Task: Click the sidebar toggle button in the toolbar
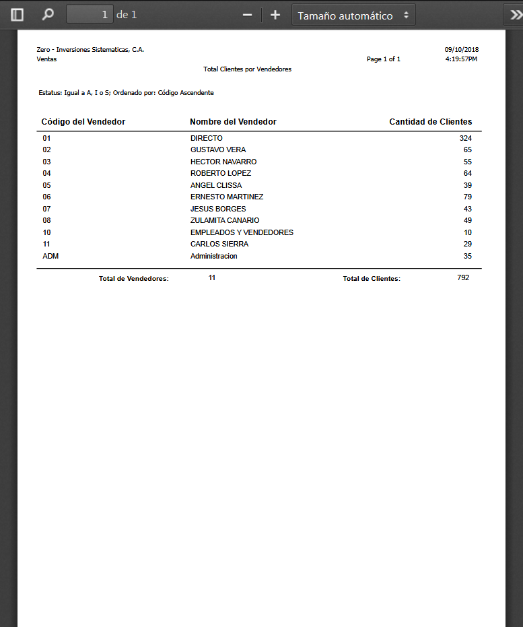pyautogui.click(x=18, y=15)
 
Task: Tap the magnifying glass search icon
pyautogui.click(x=48, y=15)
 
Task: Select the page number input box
pyautogui.click(x=90, y=15)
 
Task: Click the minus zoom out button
pyautogui.click(x=247, y=15)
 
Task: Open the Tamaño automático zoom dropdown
pyautogui.click(x=353, y=15)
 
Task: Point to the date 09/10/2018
pyautogui.click(x=461, y=50)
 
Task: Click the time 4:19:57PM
pyautogui.click(x=461, y=59)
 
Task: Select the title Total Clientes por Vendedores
pyautogui.click(x=247, y=69)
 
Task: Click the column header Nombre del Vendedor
pyautogui.click(x=233, y=122)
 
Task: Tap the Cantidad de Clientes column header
pyautogui.click(x=430, y=122)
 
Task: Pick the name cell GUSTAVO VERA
pyautogui.click(x=218, y=150)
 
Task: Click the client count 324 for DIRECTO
pyautogui.click(x=465, y=138)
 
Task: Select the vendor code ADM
pyautogui.click(x=50, y=256)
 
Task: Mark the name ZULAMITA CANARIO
pyautogui.click(x=225, y=220)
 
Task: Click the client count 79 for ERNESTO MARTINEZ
pyautogui.click(x=467, y=197)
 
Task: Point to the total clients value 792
pyautogui.click(x=462, y=277)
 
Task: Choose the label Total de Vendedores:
pyautogui.click(x=133, y=278)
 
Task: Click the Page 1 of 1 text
pyautogui.click(x=383, y=59)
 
